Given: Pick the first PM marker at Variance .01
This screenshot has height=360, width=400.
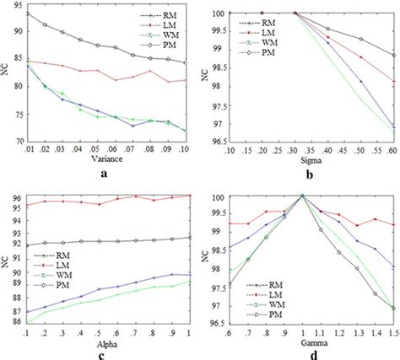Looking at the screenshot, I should [x=26, y=13].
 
